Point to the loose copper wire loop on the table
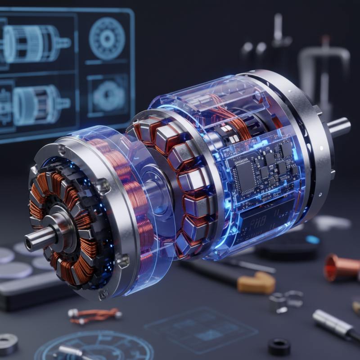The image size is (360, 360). pyautogui.click(x=94, y=315)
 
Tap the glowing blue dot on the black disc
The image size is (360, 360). pyautogui.click(x=313, y=239)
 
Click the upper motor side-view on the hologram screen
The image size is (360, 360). pyautogui.click(x=34, y=44)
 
